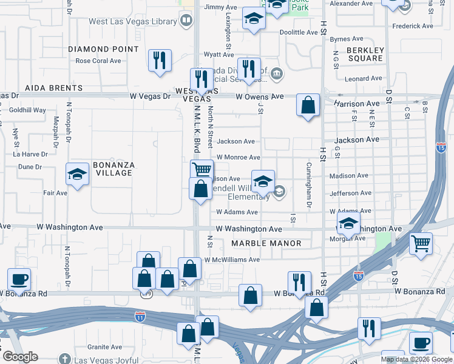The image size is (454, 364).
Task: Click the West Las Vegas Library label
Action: (132, 21)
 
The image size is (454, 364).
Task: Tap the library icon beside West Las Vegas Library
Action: (187, 21)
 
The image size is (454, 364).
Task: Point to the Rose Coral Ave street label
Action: (98, 61)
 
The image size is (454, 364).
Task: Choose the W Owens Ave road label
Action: (260, 96)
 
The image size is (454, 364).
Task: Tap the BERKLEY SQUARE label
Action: (365, 54)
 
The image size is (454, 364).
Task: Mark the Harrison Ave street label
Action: (356, 104)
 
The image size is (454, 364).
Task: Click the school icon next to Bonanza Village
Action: (77, 175)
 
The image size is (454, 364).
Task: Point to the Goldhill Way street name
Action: (28, 110)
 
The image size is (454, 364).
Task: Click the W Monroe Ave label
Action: (239, 157)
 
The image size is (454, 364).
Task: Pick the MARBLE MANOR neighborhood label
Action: (266, 243)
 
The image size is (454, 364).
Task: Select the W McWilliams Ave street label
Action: (232, 260)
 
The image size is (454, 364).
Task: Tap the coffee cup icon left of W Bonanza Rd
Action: (19, 279)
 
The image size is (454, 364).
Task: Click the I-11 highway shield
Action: (140, 316)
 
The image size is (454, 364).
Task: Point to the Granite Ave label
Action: (105, 347)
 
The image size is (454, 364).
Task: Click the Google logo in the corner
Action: (20, 357)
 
